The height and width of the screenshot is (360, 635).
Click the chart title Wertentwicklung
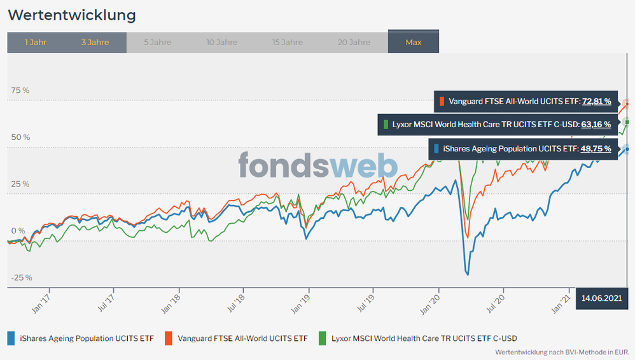[72, 14]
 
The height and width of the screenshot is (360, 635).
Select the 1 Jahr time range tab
[35, 43]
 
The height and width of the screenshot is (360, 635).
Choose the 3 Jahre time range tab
[95, 43]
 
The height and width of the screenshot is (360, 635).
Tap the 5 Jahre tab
[157, 43]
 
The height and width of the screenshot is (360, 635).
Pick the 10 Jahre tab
[221, 43]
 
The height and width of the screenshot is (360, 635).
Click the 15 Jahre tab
[287, 43]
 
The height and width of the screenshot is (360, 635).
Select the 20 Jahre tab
[354, 43]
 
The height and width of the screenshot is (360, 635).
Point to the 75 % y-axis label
[20, 90]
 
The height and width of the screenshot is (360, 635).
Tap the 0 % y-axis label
[17, 231]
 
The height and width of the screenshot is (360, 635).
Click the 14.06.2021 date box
[602, 298]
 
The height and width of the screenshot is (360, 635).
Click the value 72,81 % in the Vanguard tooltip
[596, 100]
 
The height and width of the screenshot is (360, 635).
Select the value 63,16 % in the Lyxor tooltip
[596, 124]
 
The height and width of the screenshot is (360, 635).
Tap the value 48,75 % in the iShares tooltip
[596, 148]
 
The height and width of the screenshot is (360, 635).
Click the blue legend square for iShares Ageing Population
[11, 338]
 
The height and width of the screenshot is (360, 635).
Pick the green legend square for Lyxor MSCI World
[323, 338]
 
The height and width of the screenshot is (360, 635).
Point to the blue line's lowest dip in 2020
[468, 274]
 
